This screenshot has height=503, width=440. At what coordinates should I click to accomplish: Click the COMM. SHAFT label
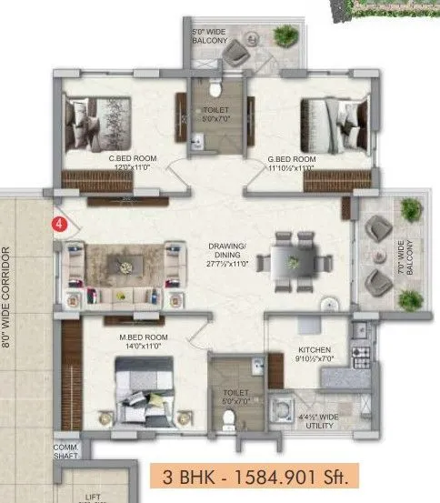(x=65, y=452)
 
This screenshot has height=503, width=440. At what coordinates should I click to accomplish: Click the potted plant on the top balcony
(x=286, y=37)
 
